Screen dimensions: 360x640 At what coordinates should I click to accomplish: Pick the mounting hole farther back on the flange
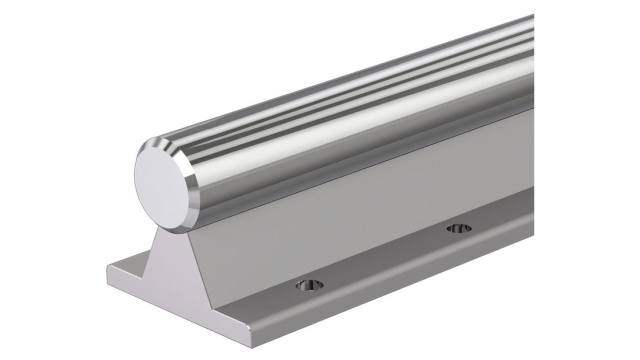coord(459,228)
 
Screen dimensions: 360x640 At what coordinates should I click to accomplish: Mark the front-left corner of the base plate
coord(106,275)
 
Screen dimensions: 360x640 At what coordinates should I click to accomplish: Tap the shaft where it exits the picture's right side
coord(525,60)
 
